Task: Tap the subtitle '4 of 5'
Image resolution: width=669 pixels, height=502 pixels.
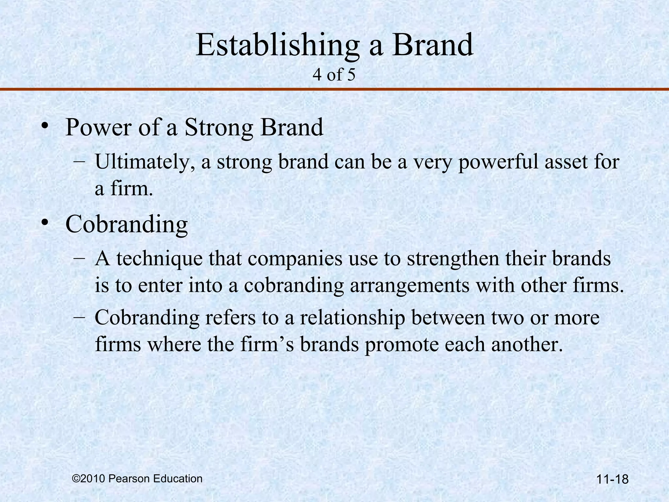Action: coord(334,75)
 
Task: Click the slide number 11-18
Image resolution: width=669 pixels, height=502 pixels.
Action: coord(612,479)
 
